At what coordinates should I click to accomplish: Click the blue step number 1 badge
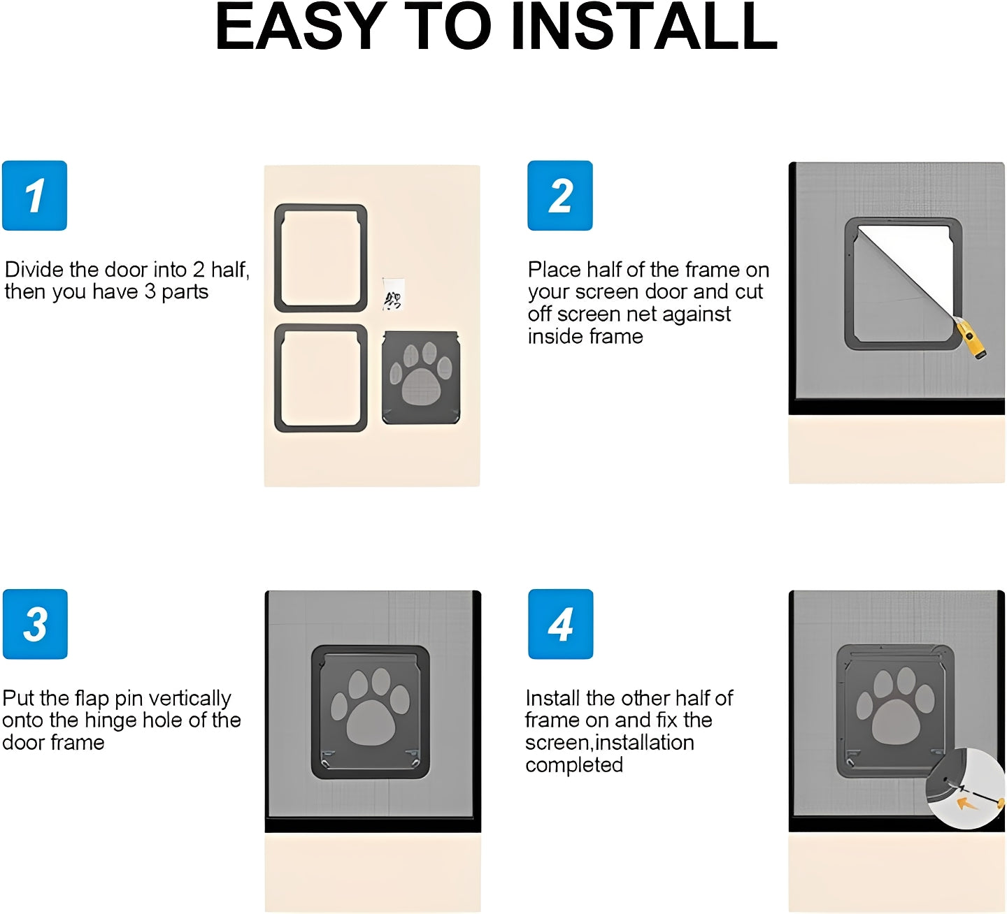pos(34,196)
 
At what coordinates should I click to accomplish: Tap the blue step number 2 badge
pos(559,196)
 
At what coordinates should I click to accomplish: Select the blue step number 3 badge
pos(35,624)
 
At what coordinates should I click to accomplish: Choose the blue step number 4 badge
pos(560,624)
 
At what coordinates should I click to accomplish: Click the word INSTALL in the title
pos(644,28)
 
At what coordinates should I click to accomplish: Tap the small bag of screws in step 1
pos(393,294)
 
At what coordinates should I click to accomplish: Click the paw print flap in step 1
pos(421,378)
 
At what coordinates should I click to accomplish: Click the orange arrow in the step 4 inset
pos(967,804)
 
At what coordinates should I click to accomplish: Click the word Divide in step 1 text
pos(34,270)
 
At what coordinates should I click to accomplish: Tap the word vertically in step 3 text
pos(190,699)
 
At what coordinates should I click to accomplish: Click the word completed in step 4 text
pos(573,765)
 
